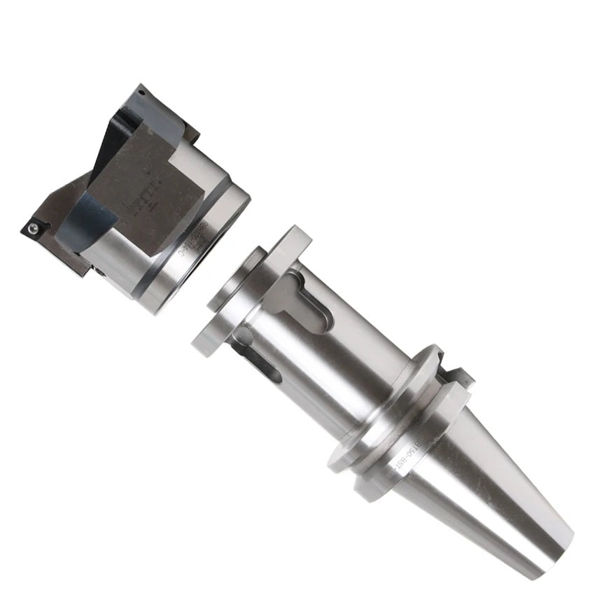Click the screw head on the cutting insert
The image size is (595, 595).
coord(33,227)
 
